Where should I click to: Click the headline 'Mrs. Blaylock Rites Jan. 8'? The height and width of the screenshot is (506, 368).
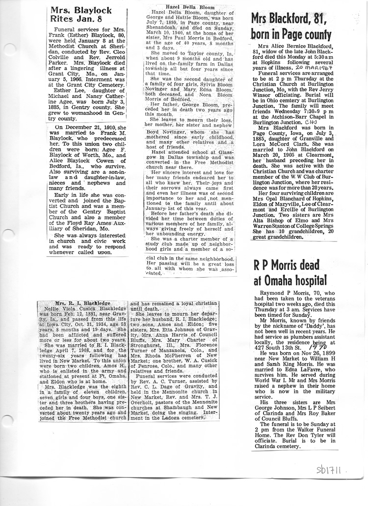(x=81, y=15)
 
